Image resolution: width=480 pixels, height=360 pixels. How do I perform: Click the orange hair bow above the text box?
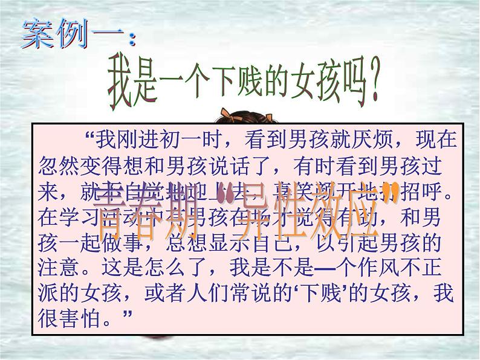228,113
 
